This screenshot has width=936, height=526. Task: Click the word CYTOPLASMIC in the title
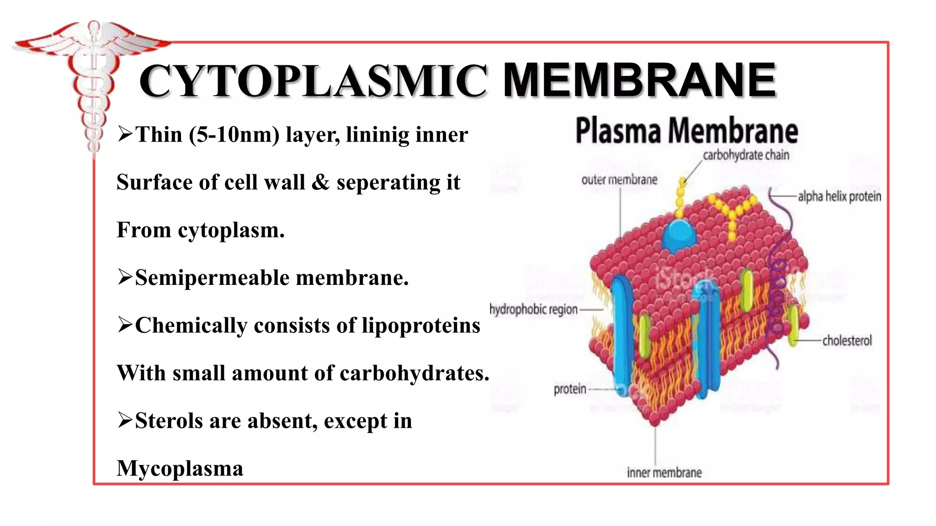(313, 81)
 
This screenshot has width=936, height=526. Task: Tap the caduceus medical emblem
(93, 82)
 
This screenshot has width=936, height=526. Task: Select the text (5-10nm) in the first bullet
(234, 135)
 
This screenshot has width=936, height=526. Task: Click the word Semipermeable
(213, 278)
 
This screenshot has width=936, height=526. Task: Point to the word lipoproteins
(421, 326)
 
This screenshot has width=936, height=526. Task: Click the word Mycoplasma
(180, 468)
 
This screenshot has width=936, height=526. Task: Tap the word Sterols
(169, 421)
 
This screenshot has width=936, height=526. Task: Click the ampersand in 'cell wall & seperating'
(320, 182)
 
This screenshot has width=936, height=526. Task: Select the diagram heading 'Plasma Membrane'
(686, 131)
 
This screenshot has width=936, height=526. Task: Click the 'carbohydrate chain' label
(746, 155)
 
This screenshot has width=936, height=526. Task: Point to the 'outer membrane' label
(619, 180)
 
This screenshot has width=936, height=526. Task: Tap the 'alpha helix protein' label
(839, 196)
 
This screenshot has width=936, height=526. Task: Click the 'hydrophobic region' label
(533, 309)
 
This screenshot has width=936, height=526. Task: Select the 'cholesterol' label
(847, 341)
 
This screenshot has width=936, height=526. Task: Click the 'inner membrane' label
(664, 473)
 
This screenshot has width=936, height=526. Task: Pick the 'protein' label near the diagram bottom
(569, 389)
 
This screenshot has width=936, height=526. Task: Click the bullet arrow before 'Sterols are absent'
(125, 419)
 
